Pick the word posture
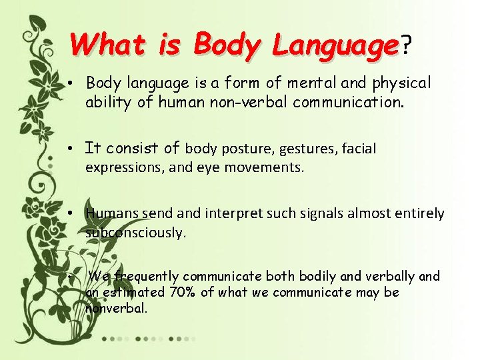coord(250,149)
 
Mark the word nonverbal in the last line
coord(116,308)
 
